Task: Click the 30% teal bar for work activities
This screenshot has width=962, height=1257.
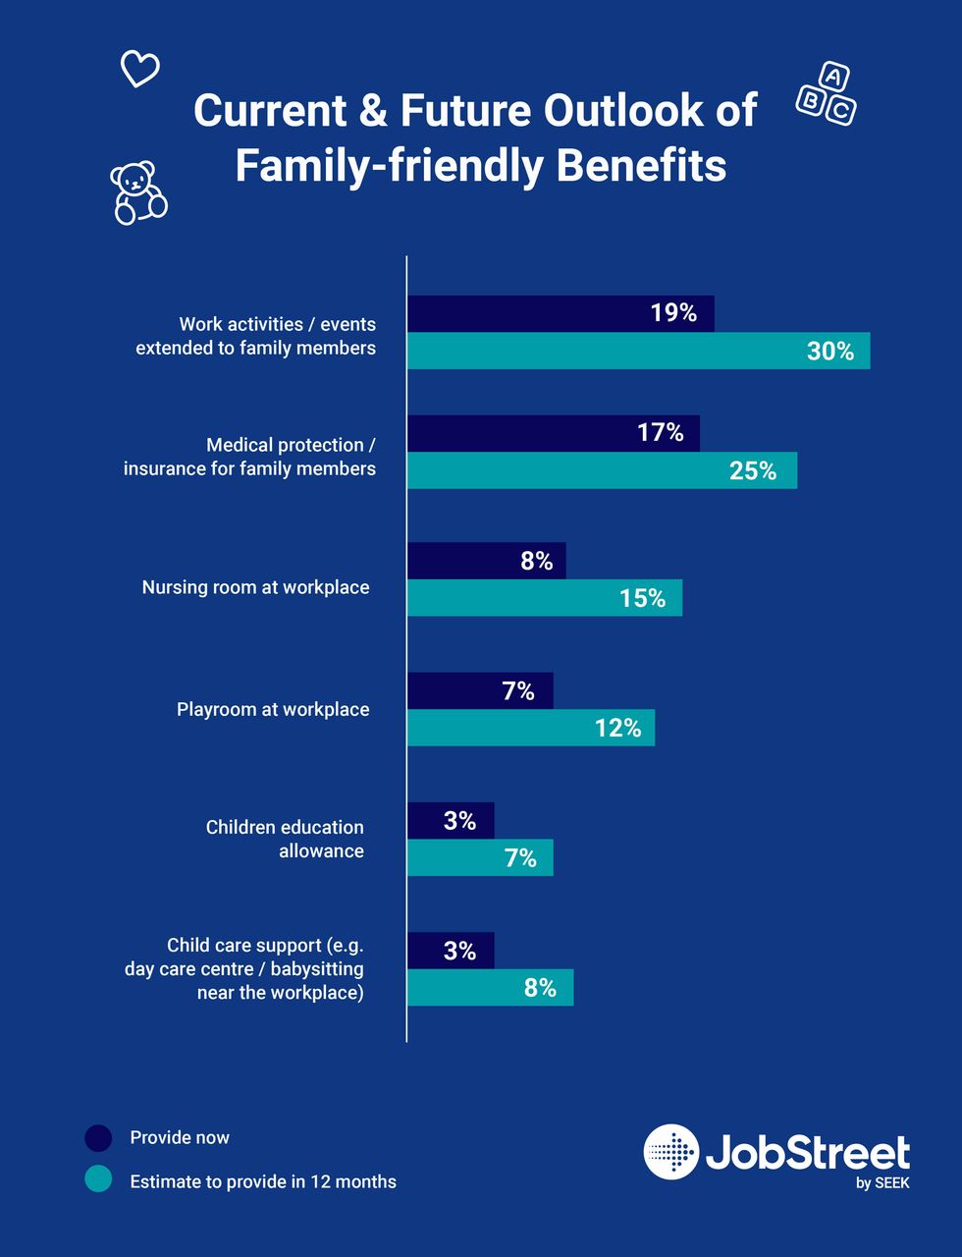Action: point(638,352)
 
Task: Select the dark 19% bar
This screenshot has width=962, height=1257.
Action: point(561,313)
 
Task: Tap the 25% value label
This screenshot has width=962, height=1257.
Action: point(753,471)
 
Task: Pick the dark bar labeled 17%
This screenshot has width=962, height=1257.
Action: point(554,433)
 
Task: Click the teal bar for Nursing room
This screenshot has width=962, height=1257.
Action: point(545,598)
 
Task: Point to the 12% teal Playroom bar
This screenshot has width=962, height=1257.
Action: point(531,728)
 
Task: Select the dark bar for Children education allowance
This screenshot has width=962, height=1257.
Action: point(451,820)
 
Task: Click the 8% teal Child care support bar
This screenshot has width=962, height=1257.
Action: point(490,988)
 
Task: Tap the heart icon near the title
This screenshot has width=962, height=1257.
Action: point(139,69)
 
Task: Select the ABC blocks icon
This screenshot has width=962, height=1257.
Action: point(826,95)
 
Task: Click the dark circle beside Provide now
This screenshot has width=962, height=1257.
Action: point(98,1138)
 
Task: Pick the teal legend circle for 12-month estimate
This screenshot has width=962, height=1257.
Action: point(98,1179)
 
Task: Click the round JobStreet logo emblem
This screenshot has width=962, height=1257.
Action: point(671,1152)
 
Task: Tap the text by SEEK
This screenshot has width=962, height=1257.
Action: point(882,1183)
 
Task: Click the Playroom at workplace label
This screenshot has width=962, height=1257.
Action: point(273,709)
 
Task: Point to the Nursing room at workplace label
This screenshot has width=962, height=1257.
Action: point(255,587)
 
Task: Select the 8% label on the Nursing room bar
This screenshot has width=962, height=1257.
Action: point(537,561)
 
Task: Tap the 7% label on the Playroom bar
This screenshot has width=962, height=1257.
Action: point(518,691)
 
